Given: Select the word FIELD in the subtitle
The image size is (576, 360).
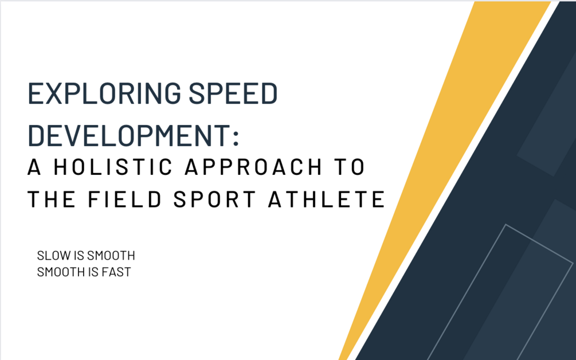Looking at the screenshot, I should [x=132, y=199].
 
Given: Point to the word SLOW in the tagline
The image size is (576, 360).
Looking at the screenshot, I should [x=50, y=255].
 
